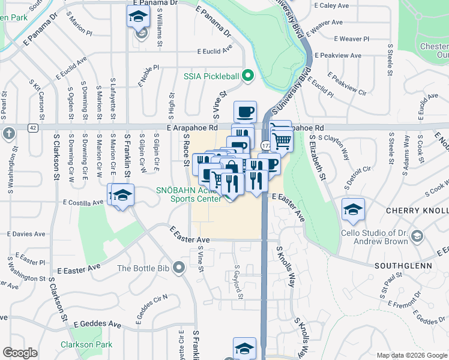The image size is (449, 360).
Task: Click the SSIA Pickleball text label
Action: tap(211, 76)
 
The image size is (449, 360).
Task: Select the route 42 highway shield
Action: tap(33, 128)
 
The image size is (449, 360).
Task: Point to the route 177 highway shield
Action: tap(265, 146)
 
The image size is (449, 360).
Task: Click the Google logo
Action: tap(20, 353)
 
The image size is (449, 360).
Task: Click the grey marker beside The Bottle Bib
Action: tap(178, 268)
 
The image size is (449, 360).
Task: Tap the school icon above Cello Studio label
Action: tap(352, 209)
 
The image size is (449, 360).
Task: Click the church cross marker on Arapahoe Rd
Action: tap(8, 133)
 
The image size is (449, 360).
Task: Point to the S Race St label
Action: tap(186, 151)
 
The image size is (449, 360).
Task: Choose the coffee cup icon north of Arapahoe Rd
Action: tap(245, 112)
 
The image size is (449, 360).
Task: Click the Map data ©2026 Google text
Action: tap(411, 355)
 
